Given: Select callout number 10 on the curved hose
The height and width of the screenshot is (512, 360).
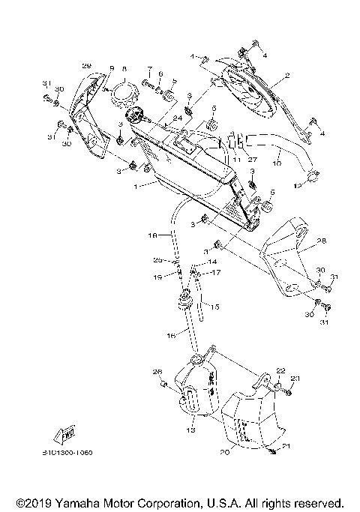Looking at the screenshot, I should pos(277,162).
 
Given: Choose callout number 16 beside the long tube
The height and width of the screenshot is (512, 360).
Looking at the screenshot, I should pos(170,337).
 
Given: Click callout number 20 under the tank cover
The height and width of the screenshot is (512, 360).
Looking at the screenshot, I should pos(225,452).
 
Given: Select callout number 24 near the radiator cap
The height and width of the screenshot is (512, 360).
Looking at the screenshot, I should pos(177,118).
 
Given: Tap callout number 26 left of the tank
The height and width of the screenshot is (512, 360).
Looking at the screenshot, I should pos(157,372).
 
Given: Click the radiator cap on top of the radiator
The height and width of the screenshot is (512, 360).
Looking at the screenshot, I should pos(136,115).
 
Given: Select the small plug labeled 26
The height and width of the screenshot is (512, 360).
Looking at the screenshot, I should pos(162,385).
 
